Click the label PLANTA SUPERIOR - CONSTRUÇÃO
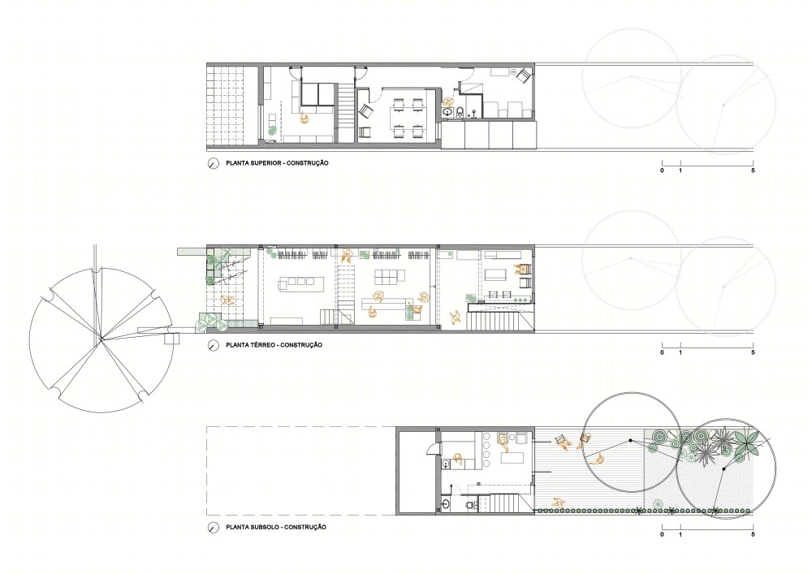click(x=277, y=163)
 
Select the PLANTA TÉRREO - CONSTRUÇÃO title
click(x=274, y=345)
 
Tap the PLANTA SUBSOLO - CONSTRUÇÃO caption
click(x=276, y=528)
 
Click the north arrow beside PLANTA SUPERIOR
click(x=212, y=163)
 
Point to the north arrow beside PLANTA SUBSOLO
click(x=212, y=528)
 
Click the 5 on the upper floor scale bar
click(x=753, y=170)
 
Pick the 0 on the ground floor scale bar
click(x=662, y=352)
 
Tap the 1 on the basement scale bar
click(x=680, y=535)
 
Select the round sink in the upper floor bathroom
click(x=447, y=111)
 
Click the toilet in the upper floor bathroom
click(x=460, y=112)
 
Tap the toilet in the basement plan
click(x=470, y=504)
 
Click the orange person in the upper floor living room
click(x=305, y=119)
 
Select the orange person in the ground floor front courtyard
click(x=227, y=300)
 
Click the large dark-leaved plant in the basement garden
click(x=747, y=441)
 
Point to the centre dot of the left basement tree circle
click(x=630, y=441)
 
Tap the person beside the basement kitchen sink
click(x=458, y=458)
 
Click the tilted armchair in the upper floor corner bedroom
click(x=522, y=76)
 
